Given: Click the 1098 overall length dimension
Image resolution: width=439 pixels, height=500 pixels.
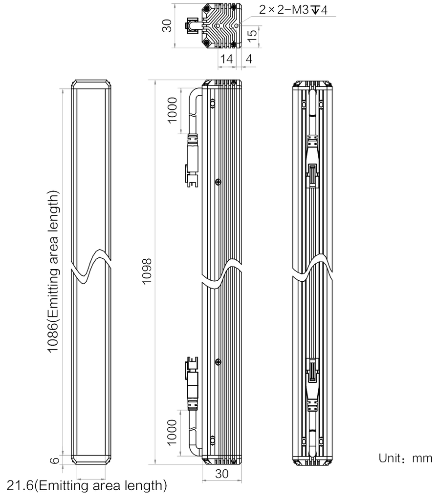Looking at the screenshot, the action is (x=147, y=271).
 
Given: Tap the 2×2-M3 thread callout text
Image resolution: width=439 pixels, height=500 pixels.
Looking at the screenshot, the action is (x=293, y=10).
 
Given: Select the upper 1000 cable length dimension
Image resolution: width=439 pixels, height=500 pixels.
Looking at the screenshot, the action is (x=172, y=110).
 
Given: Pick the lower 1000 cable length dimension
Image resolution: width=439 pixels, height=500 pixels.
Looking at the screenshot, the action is (x=172, y=433).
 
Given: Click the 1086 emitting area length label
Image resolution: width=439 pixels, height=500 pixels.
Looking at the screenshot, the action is (x=53, y=271).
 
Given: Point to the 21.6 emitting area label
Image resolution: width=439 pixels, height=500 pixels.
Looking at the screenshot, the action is (x=87, y=486).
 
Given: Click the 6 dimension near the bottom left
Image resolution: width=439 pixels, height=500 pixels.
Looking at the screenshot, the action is (x=55, y=460).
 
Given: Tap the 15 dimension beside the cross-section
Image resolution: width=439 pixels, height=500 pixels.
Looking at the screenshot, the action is (x=252, y=36).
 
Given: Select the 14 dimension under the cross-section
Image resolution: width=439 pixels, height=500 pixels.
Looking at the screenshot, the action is (x=226, y=59).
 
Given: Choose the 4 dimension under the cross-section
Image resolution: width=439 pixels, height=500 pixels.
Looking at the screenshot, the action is (x=249, y=59).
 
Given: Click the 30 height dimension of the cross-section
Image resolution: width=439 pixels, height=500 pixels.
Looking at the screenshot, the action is (x=167, y=25).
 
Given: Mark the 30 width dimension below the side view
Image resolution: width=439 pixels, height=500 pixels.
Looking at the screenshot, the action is (x=221, y=474).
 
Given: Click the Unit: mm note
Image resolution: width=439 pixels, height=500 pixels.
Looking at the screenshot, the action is (x=405, y=458).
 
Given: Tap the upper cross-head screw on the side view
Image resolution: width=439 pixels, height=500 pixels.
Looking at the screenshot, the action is (x=218, y=182).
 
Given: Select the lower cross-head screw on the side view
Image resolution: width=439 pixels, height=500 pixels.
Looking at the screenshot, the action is (x=218, y=362).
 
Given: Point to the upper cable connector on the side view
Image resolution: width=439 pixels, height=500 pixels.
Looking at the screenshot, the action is (x=192, y=160).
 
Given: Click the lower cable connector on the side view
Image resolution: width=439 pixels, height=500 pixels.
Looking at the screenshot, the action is (x=192, y=383).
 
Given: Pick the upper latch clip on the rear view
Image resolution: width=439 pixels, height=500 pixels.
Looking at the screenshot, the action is (x=312, y=175).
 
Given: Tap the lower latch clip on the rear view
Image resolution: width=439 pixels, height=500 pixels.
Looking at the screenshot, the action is (x=312, y=370).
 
